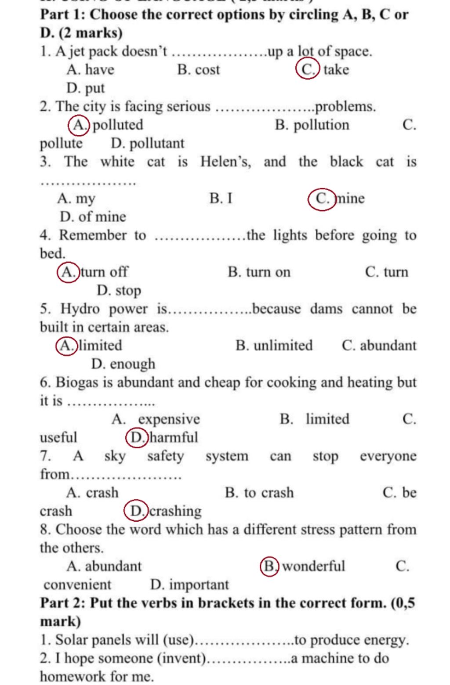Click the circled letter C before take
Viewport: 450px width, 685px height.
coord(308,69)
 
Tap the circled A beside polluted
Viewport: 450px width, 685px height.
coord(79,125)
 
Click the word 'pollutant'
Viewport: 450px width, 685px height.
coord(156,144)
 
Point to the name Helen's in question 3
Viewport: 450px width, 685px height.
coord(225,162)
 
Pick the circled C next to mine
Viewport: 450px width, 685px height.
coord(322,199)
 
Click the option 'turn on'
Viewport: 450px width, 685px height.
coord(268,272)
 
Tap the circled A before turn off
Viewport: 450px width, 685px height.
coord(69,272)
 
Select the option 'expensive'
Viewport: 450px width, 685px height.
coord(169,419)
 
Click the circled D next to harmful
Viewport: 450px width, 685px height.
coord(137,438)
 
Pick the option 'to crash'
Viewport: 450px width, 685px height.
coord(269,493)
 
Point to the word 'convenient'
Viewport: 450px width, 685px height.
coord(77,585)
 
